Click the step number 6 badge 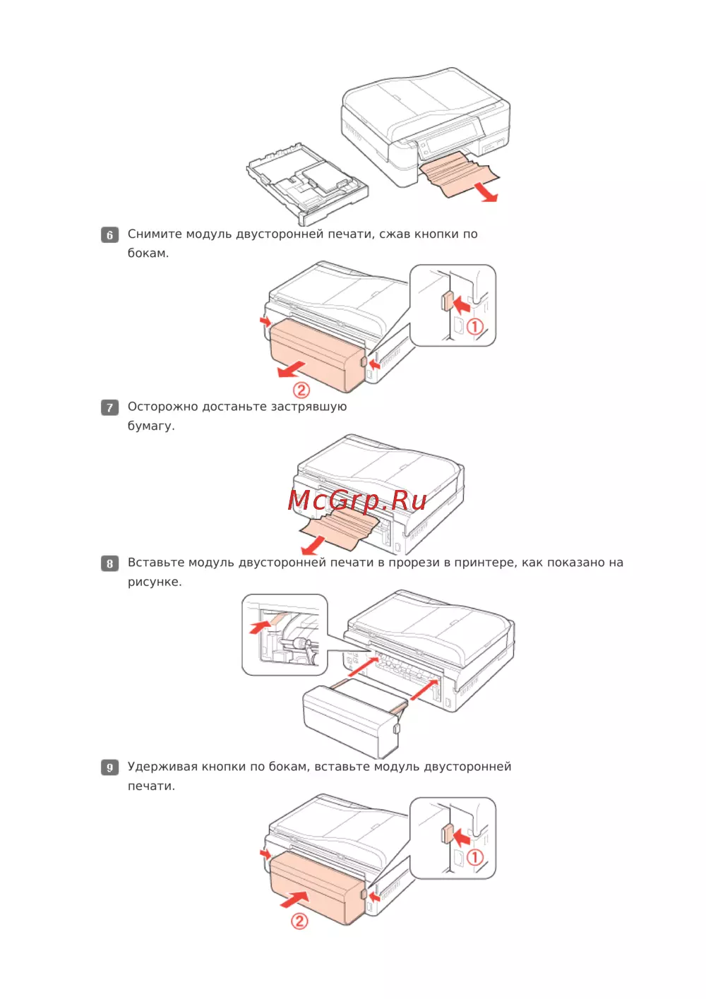109,234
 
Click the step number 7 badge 109,407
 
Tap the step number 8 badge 109,563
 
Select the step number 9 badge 109,767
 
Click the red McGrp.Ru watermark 357,501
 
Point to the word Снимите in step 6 155,234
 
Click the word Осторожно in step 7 162,407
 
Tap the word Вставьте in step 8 156,563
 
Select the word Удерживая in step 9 162,767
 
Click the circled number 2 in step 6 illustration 301,390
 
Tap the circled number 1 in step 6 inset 474,326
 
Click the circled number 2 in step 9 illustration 299,921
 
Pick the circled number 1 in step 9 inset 474,856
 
